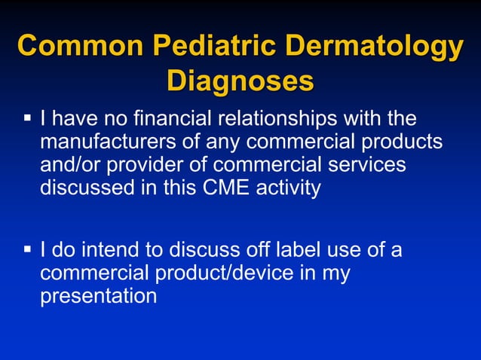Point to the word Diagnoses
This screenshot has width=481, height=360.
(240, 81)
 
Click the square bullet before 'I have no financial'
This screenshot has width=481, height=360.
(28, 119)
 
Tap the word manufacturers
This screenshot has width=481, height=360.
(109, 142)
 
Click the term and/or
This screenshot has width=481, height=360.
(68, 164)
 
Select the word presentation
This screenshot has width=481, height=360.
(98, 296)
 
